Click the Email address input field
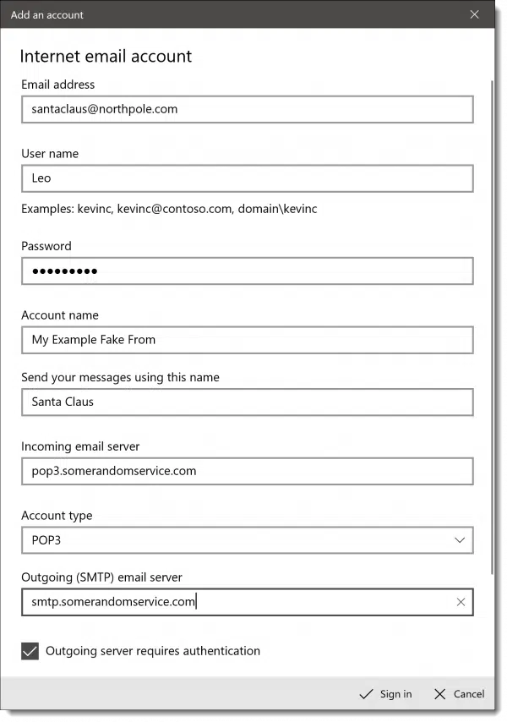click(247, 109)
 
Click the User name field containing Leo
click(247, 178)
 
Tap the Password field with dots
click(247, 271)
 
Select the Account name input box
click(247, 340)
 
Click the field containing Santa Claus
click(247, 402)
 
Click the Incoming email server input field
click(247, 471)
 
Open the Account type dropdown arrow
click(460, 540)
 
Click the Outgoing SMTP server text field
click(237, 602)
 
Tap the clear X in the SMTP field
click(461, 602)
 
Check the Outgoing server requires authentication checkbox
click(30, 651)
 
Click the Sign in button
click(386, 694)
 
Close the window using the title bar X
click(474, 14)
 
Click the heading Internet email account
click(106, 57)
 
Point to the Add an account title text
click(47, 15)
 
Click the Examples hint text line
click(169, 208)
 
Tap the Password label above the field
click(46, 246)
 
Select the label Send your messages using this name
click(120, 377)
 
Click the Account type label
click(57, 516)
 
